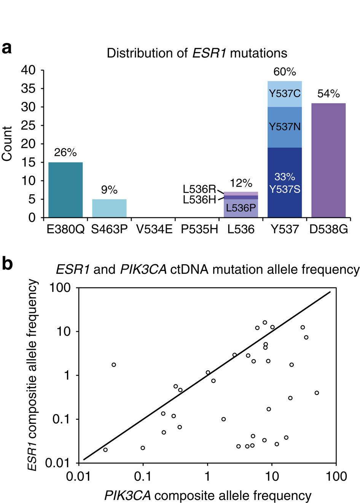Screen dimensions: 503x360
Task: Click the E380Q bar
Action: (65, 190)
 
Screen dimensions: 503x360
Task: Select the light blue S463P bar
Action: (109, 208)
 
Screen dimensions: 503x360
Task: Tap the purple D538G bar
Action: (328, 160)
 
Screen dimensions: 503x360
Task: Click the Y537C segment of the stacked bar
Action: (285, 94)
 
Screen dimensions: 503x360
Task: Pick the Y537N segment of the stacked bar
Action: (285, 127)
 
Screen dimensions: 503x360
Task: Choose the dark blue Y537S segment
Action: (285, 182)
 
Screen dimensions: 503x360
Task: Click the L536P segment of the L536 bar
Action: (241, 208)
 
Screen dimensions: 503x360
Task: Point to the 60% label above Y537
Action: (285, 72)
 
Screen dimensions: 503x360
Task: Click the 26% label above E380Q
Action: (65, 153)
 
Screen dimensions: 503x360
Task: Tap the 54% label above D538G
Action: (328, 94)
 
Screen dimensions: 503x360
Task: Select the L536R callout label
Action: (199, 189)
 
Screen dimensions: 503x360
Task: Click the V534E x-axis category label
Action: (154, 230)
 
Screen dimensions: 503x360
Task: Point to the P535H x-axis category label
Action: (199, 230)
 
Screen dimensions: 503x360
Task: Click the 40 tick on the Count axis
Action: (28, 70)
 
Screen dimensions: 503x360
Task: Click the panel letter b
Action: (7, 263)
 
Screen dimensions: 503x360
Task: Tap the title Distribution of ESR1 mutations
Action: (197, 53)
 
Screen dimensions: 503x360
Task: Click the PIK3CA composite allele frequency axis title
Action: (208, 495)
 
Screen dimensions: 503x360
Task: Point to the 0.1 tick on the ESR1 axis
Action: (61, 419)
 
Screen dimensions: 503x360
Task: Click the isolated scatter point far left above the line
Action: (113, 365)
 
